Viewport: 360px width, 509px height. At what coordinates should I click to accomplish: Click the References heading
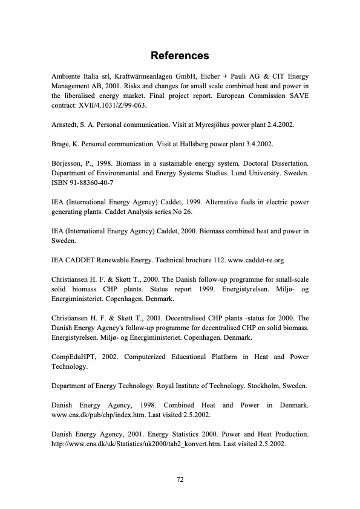[x=180, y=56]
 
